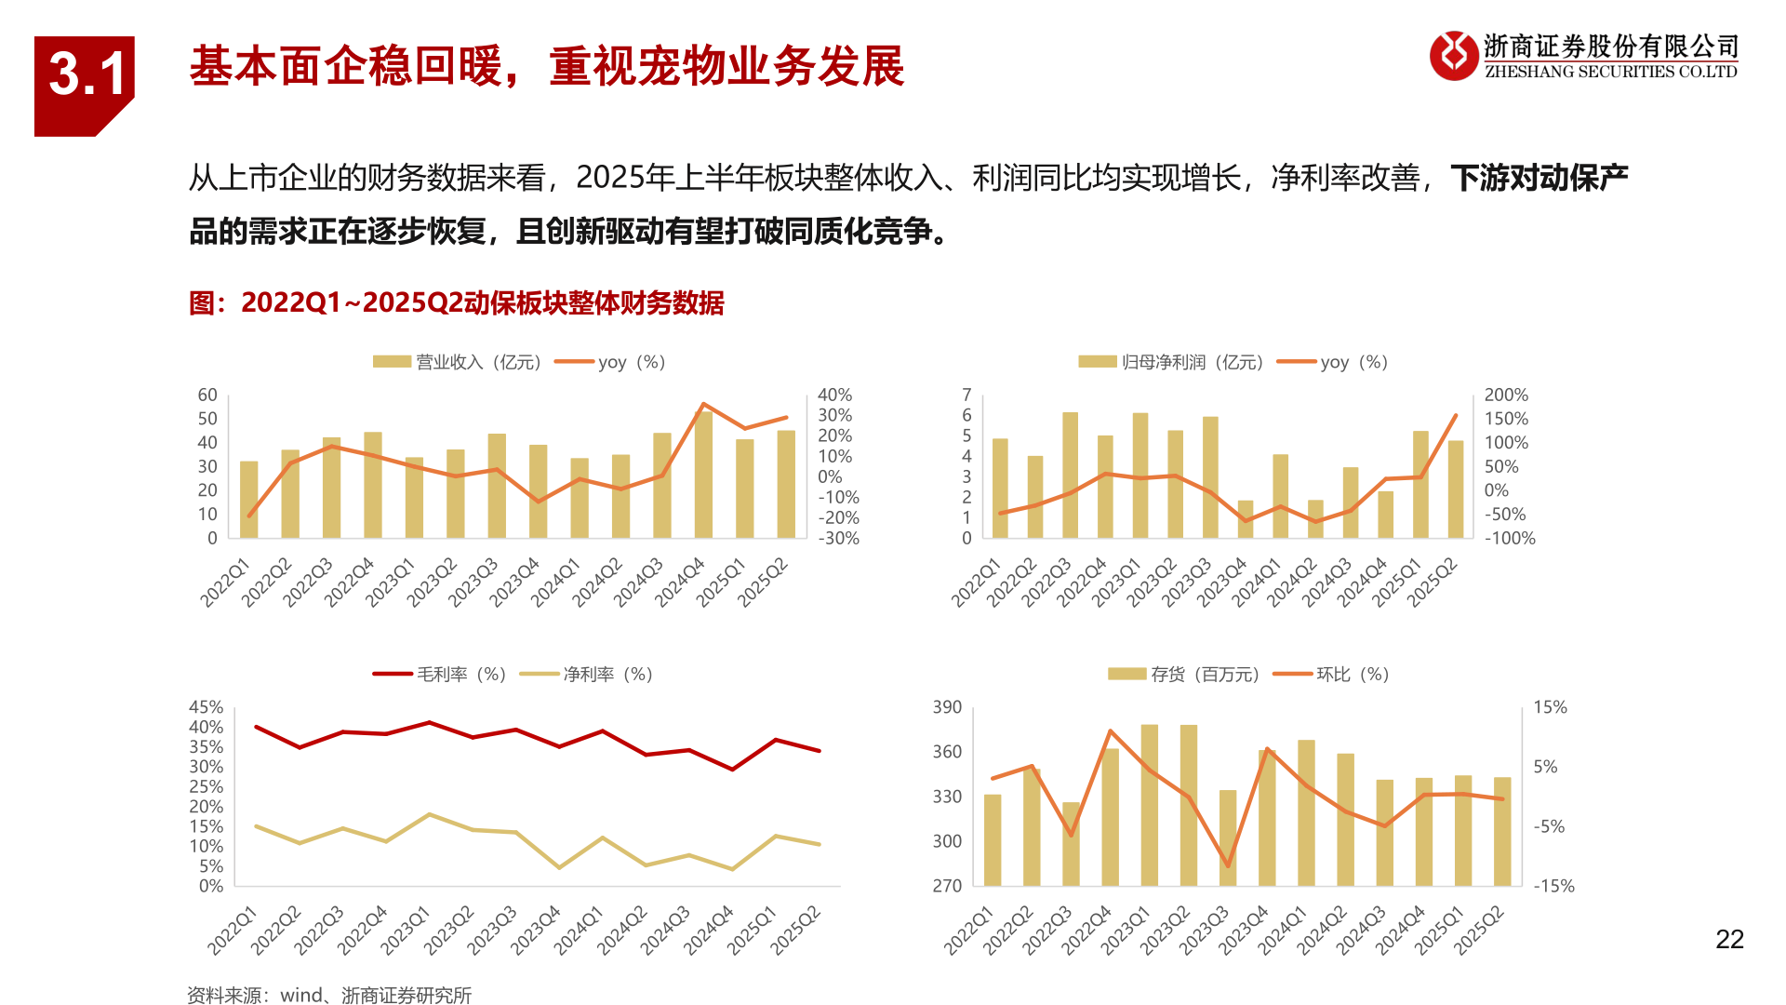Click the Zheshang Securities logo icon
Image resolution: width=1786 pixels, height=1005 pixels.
(x=1453, y=56)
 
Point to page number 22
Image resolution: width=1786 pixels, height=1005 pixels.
(x=1729, y=940)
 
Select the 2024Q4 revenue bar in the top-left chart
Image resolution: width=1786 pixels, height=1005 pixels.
(x=703, y=475)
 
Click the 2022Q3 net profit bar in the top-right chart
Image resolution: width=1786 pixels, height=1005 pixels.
(x=1070, y=475)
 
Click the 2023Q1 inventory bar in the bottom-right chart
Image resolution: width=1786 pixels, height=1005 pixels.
(x=1149, y=805)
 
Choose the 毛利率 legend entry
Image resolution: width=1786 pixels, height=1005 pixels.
(x=439, y=674)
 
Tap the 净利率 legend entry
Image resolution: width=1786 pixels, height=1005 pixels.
(x=586, y=674)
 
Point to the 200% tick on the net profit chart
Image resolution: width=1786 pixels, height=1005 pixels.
(x=1505, y=395)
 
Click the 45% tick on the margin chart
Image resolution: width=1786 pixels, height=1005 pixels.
(x=206, y=707)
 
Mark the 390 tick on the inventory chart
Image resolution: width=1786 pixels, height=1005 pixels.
(x=947, y=707)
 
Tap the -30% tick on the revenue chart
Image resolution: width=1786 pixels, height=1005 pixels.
(x=838, y=538)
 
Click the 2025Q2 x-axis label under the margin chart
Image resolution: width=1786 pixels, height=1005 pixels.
(x=796, y=931)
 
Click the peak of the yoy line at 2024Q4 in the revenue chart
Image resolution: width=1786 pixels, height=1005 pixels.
(x=703, y=405)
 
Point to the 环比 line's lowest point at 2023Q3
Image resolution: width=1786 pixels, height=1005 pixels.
(x=1228, y=865)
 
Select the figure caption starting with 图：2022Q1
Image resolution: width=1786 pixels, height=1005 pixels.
(x=456, y=303)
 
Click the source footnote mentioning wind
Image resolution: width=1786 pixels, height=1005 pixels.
(x=329, y=995)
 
